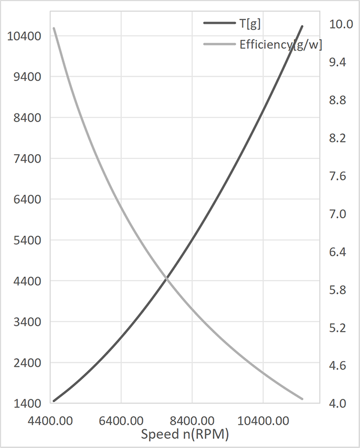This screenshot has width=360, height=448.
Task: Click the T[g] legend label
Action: pos(250,23)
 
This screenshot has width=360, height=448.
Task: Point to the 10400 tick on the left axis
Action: pos(25,36)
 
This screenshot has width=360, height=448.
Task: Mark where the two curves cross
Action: pos(166,278)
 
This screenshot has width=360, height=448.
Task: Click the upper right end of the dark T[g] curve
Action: pos(302,26)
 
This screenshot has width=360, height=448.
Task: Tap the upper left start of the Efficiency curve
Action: pos(54,28)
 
